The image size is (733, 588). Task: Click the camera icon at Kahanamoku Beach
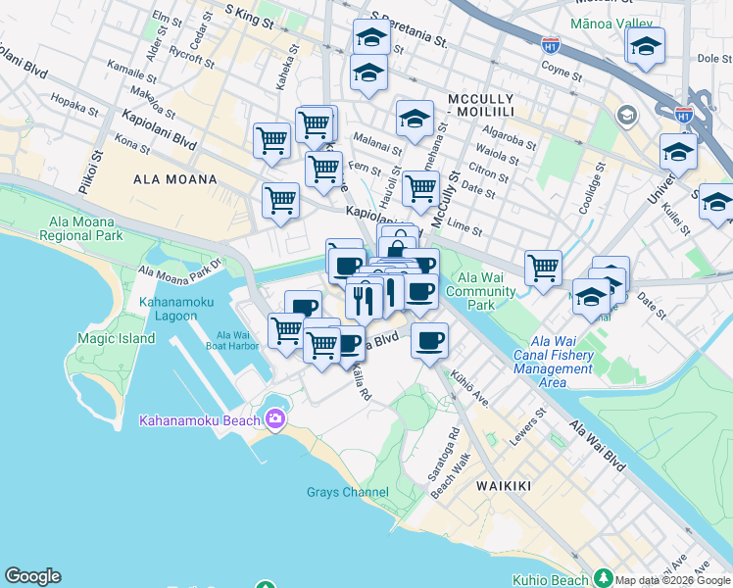pyautogui.click(x=274, y=419)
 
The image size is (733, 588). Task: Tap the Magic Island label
pyautogui.click(x=116, y=339)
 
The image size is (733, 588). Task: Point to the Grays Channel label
pyautogui.click(x=347, y=492)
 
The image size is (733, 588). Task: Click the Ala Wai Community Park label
pyautogui.click(x=487, y=291)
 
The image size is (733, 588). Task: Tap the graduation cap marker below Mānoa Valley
pyautogui.click(x=645, y=47)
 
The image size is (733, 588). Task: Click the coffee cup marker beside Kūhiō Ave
pyautogui.click(x=428, y=341)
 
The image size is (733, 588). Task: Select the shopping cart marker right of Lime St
pyautogui.click(x=542, y=267)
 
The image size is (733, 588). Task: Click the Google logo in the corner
pyautogui.click(x=32, y=576)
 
